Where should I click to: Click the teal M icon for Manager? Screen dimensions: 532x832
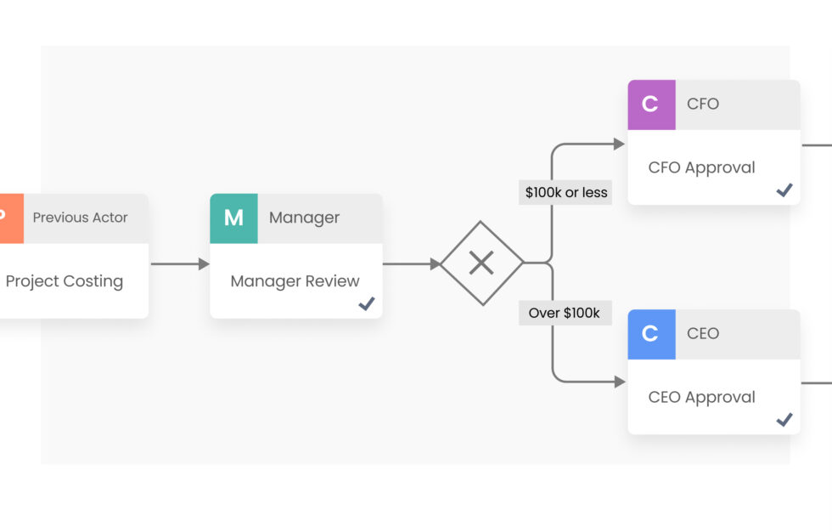233,218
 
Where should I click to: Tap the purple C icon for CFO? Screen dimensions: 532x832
651,105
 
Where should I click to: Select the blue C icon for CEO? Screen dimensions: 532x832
651,334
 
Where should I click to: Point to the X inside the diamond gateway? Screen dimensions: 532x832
481,263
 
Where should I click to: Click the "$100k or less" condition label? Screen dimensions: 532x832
566,192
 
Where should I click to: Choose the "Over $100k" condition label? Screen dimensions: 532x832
565,313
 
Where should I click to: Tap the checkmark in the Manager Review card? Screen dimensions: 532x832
367,303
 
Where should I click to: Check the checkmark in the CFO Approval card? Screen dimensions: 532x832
784,190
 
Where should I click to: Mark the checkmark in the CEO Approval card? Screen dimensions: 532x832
784,420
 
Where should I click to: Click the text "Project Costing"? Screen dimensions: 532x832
65,281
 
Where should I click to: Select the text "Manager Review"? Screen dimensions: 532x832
295,281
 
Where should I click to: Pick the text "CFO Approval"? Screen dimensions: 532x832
701,167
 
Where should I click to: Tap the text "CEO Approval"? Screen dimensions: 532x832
701,397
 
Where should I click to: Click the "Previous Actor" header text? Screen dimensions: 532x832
80,218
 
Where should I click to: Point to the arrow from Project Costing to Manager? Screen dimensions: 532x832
179,264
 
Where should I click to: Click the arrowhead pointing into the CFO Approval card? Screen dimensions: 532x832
620,144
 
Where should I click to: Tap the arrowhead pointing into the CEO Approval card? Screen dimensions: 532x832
620,382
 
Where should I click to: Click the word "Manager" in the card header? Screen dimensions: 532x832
304,218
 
